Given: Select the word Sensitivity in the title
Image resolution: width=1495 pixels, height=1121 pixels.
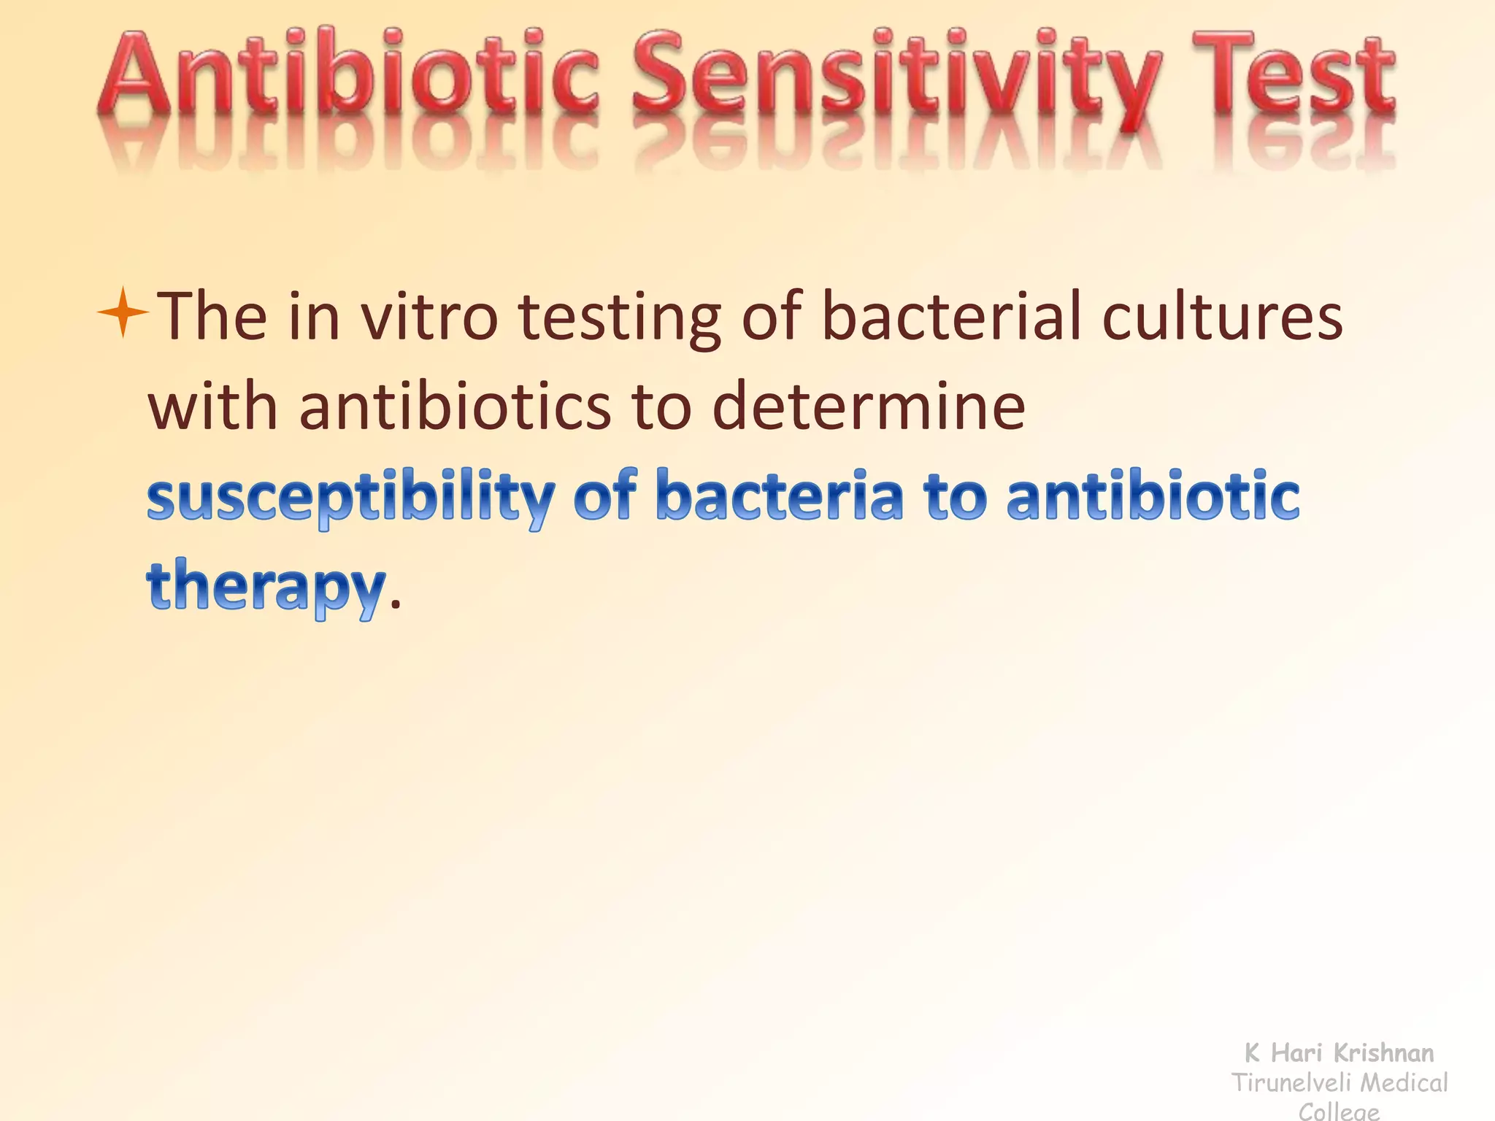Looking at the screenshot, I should coord(897,77).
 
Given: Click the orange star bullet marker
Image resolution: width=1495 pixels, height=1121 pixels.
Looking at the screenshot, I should coord(123,312).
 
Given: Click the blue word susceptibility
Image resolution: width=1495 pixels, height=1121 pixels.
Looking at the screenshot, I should coord(351,498).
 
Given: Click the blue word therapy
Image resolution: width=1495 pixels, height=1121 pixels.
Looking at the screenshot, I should coord(266,587).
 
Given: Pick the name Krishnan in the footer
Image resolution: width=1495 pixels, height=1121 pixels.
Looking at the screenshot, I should coord(1383,1052).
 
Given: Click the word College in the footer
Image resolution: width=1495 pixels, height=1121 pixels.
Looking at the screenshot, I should coord(1339,1112).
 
